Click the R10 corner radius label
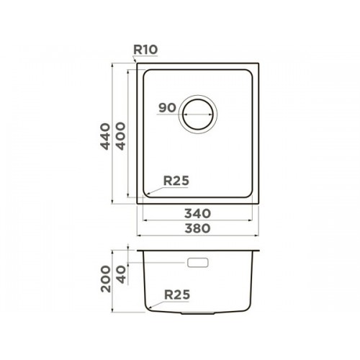click(145, 50)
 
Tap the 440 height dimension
click(105, 136)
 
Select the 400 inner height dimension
click(120, 136)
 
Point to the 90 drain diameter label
click(167, 108)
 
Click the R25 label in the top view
click(176, 181)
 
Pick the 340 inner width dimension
click(197, 213)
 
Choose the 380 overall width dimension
click(197, 228)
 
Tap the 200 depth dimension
click(106, 279)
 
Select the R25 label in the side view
click(177, 294)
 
